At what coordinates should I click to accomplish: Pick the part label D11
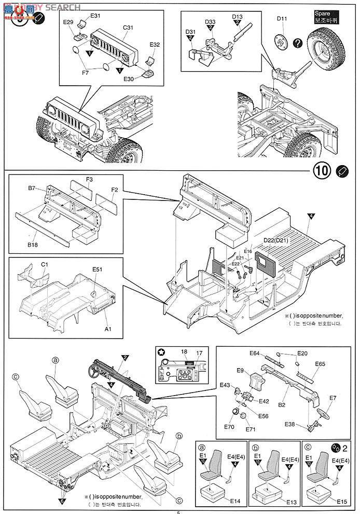282,19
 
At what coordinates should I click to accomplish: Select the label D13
237,17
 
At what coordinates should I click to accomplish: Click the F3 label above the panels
89,180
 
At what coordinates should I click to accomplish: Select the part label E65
320,364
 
